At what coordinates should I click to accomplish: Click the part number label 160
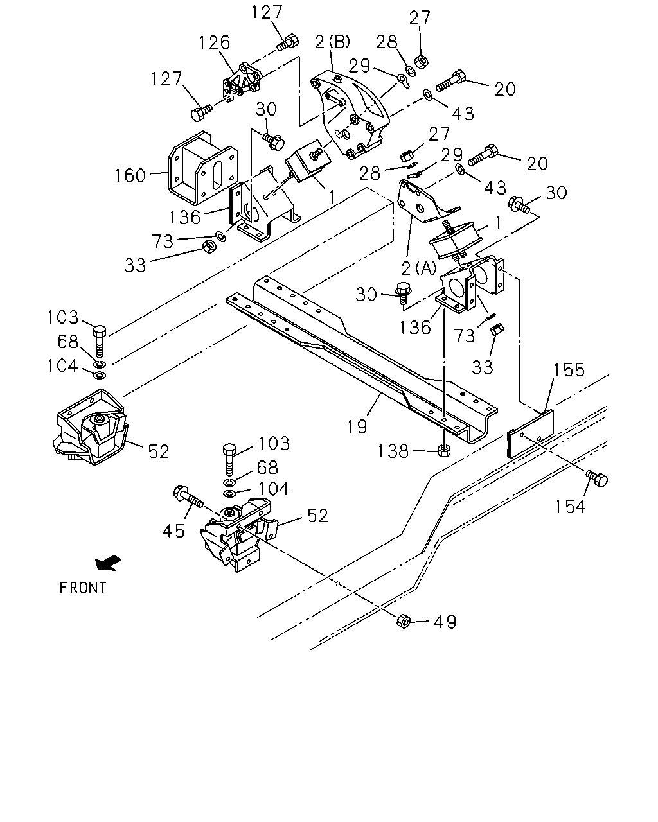click(130, 175)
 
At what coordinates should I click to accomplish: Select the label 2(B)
click(332, 41)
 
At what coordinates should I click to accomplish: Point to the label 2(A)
click(419, 268)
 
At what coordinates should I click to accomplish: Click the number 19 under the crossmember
click(357, 426)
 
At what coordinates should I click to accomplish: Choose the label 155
click(569, 369)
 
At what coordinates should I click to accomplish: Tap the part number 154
click(570, 507)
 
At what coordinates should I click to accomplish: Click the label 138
click(393, 451)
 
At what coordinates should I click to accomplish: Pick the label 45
click(173, 530)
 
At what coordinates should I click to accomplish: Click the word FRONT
click(83, 588)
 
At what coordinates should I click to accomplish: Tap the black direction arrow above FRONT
click(108, 563)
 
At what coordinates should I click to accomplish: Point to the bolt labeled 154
click(596, 478)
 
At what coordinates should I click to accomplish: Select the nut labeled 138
click(443, 450)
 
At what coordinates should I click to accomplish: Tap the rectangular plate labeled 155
click(530, 434)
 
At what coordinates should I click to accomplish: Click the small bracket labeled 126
click(242, 83)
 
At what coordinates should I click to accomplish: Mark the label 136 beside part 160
click(185, 217)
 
